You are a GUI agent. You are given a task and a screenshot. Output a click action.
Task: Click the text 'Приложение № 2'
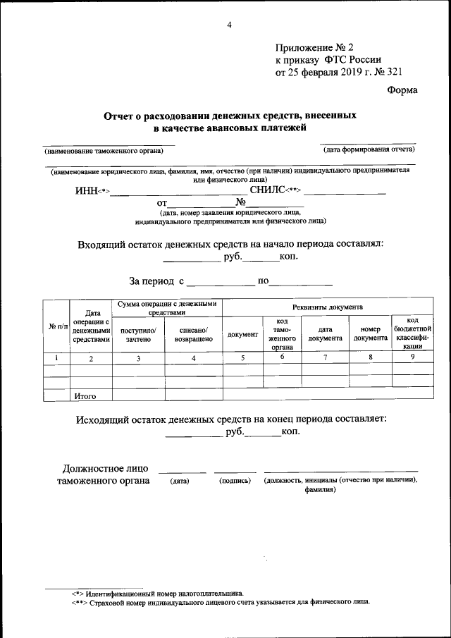[310, 47]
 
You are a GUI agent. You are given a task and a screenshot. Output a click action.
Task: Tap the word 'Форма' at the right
[402, 90]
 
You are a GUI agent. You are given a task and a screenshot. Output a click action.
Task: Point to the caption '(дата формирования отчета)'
[369, 150]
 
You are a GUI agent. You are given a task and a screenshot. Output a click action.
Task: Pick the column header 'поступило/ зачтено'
[138, 334]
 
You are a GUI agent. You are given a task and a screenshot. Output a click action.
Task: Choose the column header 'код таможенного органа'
[281, 333]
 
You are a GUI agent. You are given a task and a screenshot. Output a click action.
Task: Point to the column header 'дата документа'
[325, 333]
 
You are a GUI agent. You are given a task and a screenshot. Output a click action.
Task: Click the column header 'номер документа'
[371, 333]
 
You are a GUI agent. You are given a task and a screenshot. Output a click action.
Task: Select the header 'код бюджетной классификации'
[412, 333]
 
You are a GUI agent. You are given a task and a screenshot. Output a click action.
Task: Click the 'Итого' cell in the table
[85, 395]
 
